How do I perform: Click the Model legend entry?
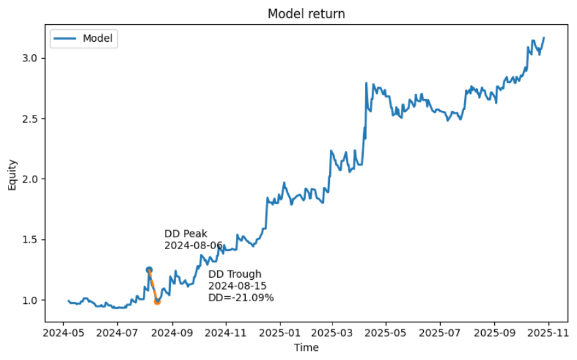click(x=97, y=38)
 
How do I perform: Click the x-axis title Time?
click(x=306, y=348)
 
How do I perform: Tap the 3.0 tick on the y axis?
click(x=30, y=58)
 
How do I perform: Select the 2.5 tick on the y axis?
click(x=30, y=119)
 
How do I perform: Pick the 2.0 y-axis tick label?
click(x=30, y=179)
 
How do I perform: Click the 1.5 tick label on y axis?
click(x=30, y=239)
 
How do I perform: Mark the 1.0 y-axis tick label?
click(x=30, y=300)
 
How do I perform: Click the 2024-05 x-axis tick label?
click(x=63, y=333)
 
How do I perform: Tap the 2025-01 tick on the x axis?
click(x=280, y=333)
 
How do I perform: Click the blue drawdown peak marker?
click(x=149, y=269)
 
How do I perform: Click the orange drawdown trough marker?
click(x=157, y=301)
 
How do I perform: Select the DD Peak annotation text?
click(x=186, y=233)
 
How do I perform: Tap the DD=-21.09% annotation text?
click(x=241, y=297)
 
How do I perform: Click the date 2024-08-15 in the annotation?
click(x=237, y=286)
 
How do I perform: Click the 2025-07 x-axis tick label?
click(x=440, y=333)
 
